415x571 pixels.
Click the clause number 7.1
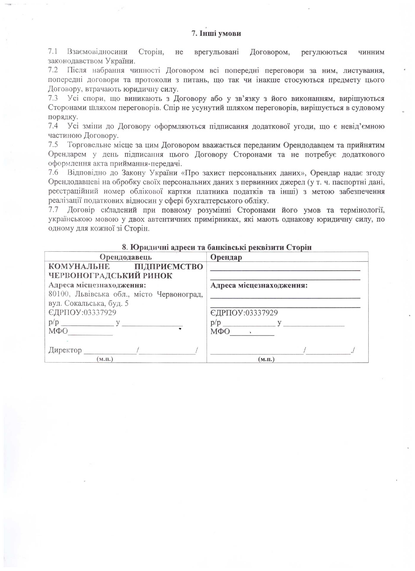point(53,52)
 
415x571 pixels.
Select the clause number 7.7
point(53,210)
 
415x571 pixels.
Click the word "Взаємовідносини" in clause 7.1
point(97,52)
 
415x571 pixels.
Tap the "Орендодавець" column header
point(126,257)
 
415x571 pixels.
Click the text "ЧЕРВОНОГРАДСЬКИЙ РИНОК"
point(110,276)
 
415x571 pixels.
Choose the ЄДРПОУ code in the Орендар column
point(262,313)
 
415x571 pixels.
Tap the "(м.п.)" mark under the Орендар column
point(266,359)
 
